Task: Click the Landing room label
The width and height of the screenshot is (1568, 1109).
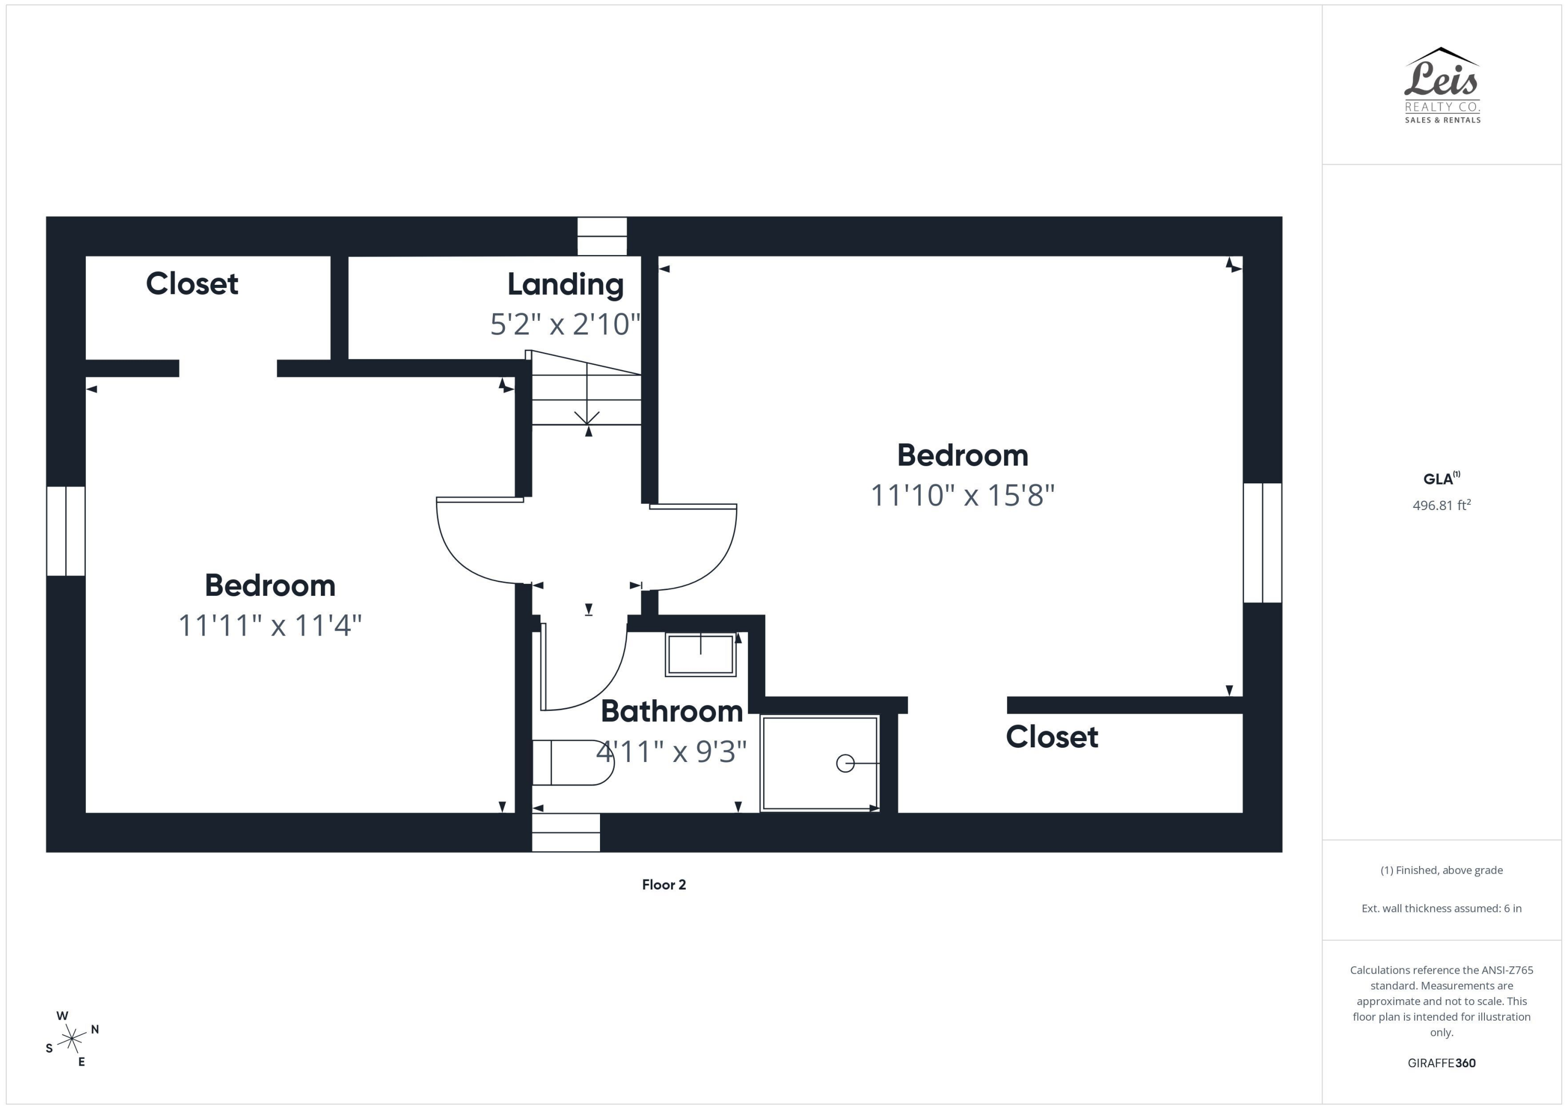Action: click(566, 284)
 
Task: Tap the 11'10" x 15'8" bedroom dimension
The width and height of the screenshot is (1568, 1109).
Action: click(962, 495)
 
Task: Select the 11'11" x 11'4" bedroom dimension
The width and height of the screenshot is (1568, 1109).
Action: click(270, 625)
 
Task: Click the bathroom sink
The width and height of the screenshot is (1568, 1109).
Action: click(700, 654)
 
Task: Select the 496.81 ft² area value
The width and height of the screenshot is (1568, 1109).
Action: click(1441, 505)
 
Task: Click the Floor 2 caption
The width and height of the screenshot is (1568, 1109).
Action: click(664, 884)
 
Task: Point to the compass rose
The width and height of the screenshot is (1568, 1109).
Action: click(72, 1038)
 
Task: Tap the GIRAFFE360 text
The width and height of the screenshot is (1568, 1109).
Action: click(1441, 1062)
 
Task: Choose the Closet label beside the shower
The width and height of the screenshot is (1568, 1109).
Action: click(1052, 736)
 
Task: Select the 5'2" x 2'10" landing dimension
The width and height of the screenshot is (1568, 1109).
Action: click(566, 325)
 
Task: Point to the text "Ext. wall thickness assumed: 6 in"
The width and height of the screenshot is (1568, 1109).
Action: click(1441, 908)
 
